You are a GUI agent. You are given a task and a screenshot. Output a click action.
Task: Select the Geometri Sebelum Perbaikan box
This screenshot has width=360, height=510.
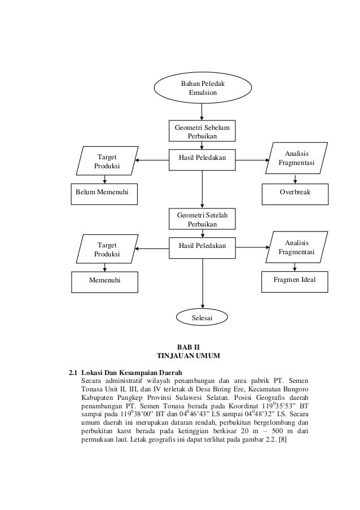pyautogui.click(x=202, y=131)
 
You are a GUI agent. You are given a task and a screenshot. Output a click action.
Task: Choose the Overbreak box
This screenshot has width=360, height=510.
pyautogui.click(x=295, y=193)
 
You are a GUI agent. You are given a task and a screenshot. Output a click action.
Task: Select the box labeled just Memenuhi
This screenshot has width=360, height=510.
pyautogui.click(x=105, y=280)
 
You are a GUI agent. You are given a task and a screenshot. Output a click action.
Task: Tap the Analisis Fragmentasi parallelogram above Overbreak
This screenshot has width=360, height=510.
pyautogui.click(x=297, y=159)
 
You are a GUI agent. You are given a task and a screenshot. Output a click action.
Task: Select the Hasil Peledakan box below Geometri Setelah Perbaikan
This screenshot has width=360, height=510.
pyautogui.click(x=202, y=246)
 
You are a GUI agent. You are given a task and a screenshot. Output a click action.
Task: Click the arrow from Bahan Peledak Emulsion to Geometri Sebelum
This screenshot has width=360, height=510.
pyautogui.click(x=202, y=112)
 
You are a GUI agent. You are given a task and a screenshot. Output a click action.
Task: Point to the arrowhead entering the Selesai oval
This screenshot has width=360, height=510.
pyautogui.click(x=202, y=306)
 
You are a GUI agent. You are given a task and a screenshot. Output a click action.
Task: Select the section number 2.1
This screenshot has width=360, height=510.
pyautogui.click(x=73, y=373)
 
